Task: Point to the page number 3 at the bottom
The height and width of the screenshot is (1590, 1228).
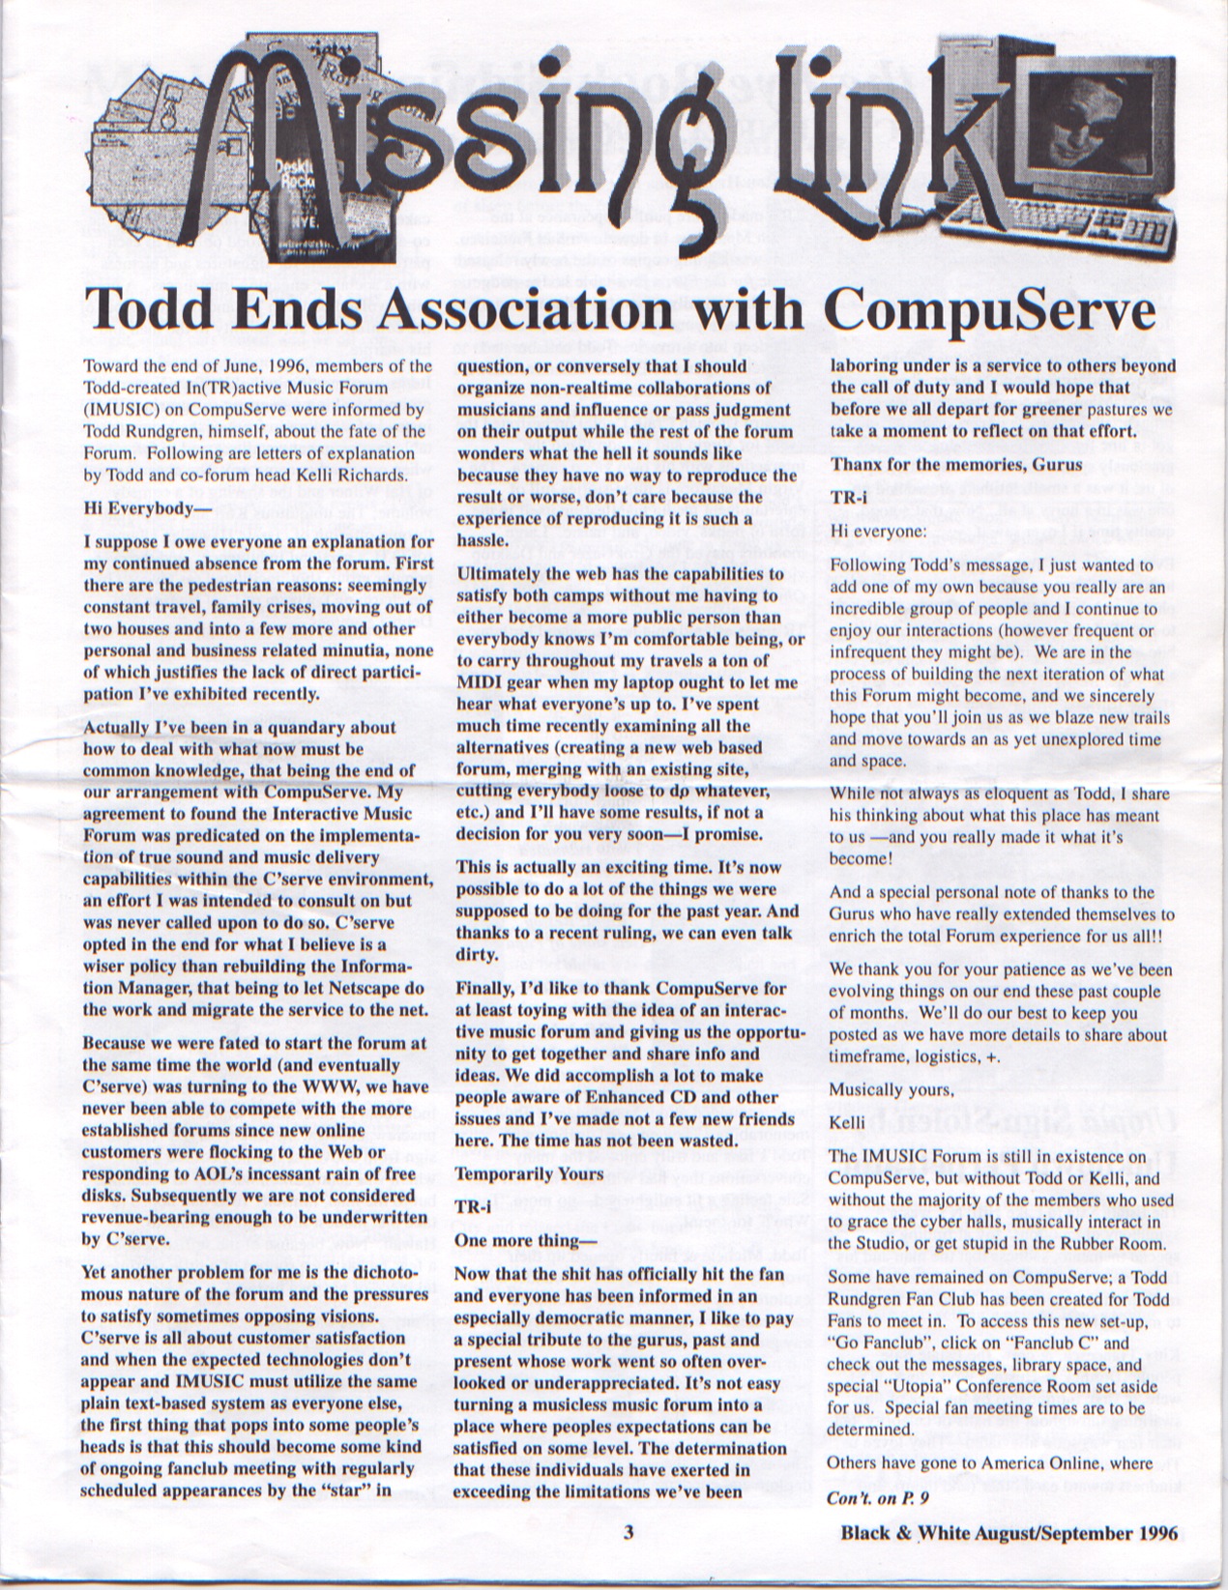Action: coord(628,1531)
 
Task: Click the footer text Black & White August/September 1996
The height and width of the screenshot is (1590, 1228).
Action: coord(1009,1532)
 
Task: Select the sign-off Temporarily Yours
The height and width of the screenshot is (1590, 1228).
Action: coord(528,1173)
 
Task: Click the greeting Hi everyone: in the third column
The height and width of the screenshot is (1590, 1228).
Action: coord(870,531)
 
